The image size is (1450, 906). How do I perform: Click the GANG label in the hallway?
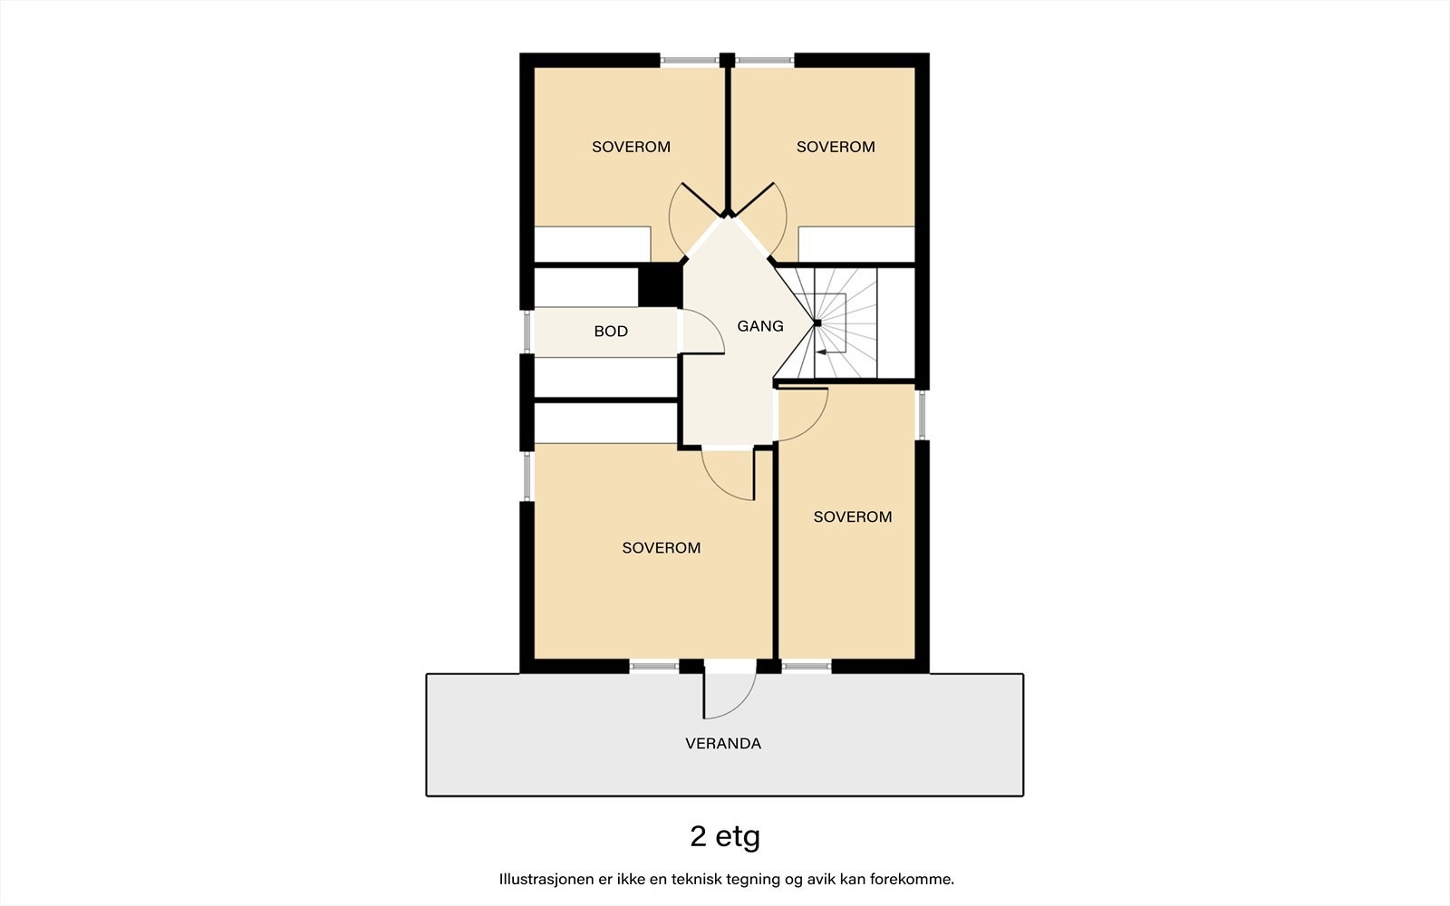(759, 326)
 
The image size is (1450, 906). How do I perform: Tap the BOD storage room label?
(611, 332)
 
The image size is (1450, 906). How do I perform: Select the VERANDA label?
(722, 744)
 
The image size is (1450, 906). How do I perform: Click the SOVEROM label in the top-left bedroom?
(631, 147)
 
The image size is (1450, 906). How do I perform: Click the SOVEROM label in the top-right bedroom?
(836, 147)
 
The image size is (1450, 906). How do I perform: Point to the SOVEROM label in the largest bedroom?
(661, 548)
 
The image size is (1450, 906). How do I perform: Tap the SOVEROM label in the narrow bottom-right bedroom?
(852, 517)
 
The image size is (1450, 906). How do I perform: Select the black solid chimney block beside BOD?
(660, 285)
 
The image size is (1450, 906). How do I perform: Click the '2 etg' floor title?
(724, 836)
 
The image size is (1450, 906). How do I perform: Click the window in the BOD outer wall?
(527, 332)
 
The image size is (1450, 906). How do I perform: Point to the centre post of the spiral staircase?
(817, 323)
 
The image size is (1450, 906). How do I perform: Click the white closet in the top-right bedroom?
(855, 245)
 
